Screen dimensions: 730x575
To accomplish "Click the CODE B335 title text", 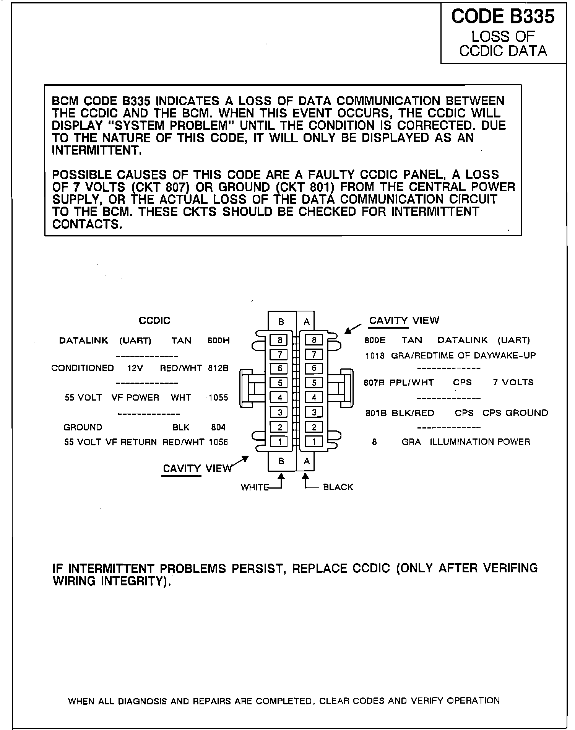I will [503, 17].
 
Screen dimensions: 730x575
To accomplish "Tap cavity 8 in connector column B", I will [280, 340].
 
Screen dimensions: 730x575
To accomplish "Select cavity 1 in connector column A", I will [314, 442].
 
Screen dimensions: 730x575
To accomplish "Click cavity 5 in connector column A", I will [314, 383].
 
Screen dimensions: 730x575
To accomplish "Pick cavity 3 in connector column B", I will [280, 412].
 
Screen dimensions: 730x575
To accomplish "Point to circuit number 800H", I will [218, 341].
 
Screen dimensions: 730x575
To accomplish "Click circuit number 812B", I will [218, 368].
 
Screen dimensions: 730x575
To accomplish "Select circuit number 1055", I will [218, 398].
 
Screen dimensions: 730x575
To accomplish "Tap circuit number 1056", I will [218, 442].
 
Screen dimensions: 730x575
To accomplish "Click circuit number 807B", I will [374, 383].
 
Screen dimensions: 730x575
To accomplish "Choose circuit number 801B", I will [375, 413].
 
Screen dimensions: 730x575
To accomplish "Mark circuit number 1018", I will [375, 356].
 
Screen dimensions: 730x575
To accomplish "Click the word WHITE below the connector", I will [255, 487].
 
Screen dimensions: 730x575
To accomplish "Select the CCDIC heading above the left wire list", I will [154, 321].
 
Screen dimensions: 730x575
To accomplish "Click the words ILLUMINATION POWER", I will [480, 442].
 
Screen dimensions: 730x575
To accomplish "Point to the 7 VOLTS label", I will [513, 383].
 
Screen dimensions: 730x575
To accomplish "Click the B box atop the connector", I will [281, 322].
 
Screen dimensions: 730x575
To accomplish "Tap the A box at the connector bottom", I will [307, 461].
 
